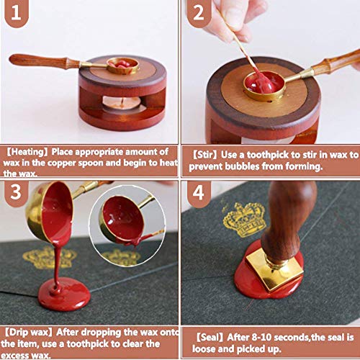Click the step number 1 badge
(17, 12)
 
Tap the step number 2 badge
(199, 12)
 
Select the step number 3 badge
(17, 193)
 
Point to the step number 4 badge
(199, 193)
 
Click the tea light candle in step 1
(122, 103)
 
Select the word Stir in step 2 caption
(205, 155)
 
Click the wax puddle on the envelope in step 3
(64, 294)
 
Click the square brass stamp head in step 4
(274, 270)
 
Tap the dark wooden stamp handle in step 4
(288, 221)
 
